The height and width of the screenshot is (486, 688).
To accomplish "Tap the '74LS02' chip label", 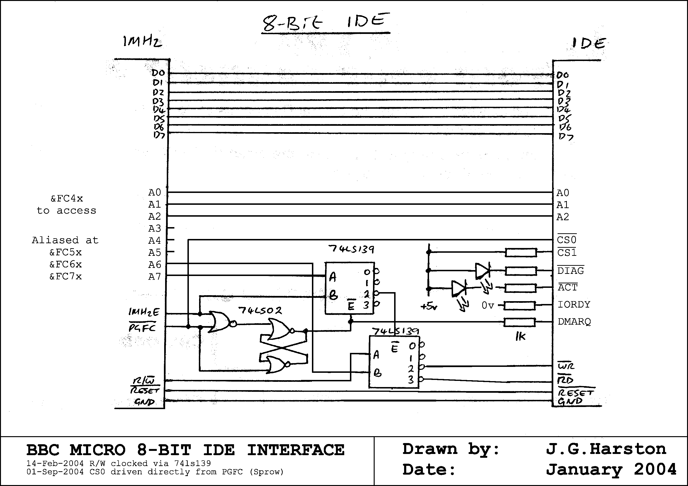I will (260, 311).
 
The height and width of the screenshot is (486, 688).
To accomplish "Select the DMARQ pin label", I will (574, 322).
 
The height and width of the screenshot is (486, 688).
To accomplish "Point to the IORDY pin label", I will (573, 305).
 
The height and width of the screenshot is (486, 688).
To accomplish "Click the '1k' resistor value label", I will (521, 337).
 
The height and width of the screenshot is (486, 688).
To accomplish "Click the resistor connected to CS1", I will (521, 252).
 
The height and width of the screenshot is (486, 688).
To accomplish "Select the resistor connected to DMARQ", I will (520, 322).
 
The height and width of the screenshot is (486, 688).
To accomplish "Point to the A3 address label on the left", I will (155, 229).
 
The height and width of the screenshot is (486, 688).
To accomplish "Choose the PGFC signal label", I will (142, 328).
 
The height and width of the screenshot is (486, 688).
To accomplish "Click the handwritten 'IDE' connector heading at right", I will (589, 44).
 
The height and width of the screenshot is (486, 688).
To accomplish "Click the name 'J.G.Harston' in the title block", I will (606, 449).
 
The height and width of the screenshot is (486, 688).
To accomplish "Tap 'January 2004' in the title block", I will (611, 469).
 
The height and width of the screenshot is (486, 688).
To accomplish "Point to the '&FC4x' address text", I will (67, 198).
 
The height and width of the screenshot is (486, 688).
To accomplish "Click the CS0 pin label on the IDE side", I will (567, 240).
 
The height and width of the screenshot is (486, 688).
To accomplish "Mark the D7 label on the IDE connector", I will (566, 137).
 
